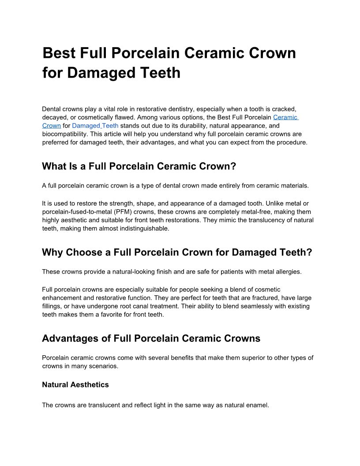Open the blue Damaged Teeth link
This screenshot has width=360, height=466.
click(x=95, y=126)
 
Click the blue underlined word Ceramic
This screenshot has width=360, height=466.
click(x=285, y=117)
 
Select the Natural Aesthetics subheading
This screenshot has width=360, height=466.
click(x=75, y=385)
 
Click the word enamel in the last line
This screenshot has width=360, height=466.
click(x=256, y=405)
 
